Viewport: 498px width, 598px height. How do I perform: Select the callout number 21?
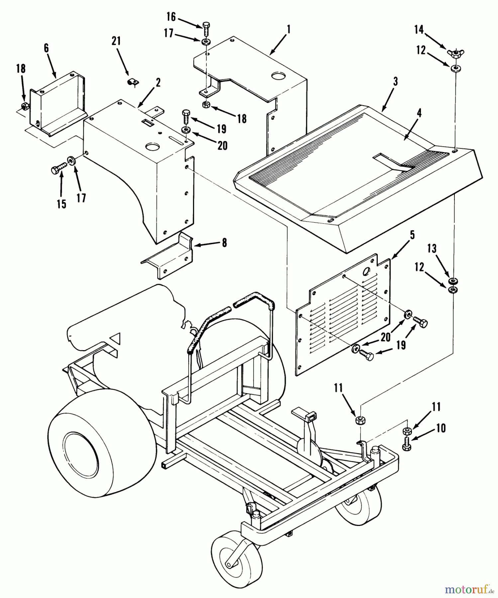(116, 42)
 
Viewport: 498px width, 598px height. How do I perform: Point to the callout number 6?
(46, 48)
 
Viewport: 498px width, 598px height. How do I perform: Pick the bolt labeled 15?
(58, 170)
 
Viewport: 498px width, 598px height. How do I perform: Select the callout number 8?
(225, 243)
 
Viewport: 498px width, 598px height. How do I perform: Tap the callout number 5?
(412, 235)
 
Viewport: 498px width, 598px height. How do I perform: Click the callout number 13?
(432, 249)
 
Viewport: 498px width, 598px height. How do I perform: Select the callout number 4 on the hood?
(419, 113)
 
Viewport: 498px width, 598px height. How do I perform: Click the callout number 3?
(395, 82)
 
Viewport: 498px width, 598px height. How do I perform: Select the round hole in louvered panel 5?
(367, 271)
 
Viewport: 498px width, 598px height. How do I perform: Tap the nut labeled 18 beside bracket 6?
(24, 106)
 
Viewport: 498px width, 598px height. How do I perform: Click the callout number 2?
(158, 83)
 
